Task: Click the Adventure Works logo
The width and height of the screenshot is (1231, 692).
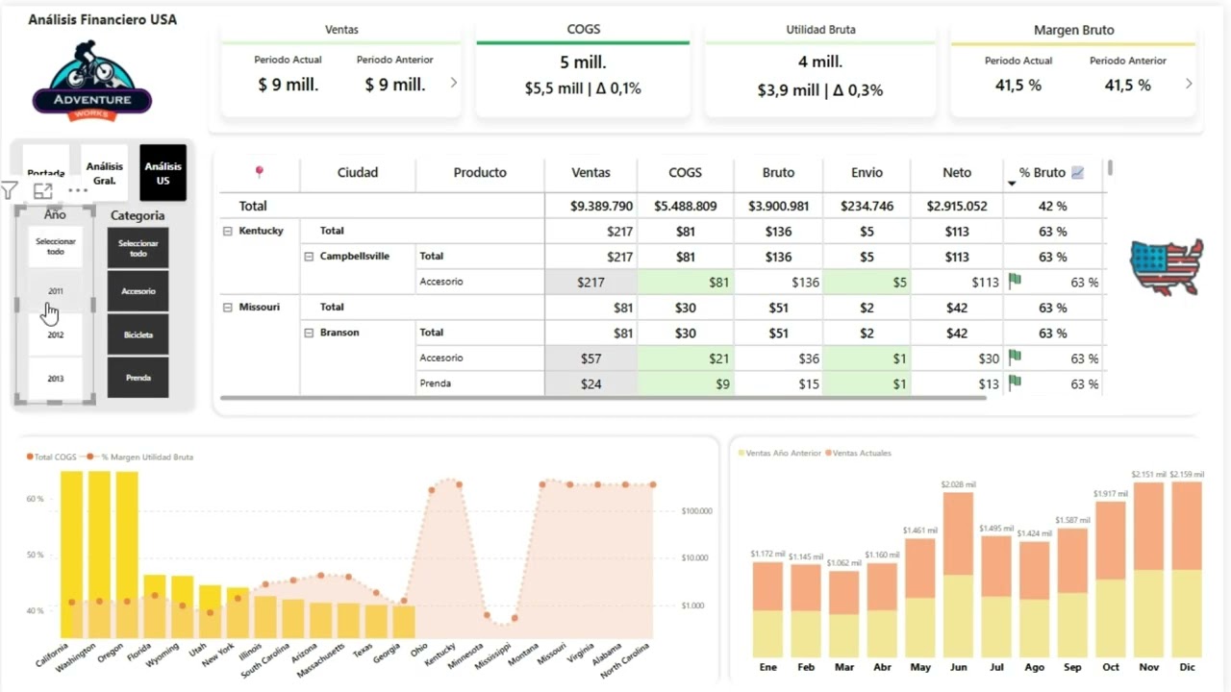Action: click(92, 82)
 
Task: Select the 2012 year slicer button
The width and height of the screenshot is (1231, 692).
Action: click(56, 335)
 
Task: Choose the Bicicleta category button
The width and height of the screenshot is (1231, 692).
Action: click(138, 334)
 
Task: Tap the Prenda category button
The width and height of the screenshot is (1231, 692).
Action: click(138, 378)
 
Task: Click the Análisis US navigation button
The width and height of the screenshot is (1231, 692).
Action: click(163, 173)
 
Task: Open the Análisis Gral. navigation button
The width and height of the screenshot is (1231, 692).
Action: click(104, 173)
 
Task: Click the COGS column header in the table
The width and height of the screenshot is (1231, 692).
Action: click(685, 173)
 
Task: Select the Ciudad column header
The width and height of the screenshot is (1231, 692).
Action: click(357, 173)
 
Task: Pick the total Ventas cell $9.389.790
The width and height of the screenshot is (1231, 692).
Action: click(601, 206)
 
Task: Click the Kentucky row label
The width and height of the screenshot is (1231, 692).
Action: click(261, 231)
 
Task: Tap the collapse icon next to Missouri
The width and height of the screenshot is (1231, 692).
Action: click(228, 308)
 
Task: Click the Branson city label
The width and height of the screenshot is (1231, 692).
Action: click(339, 333)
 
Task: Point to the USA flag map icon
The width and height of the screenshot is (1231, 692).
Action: click(1166, 266)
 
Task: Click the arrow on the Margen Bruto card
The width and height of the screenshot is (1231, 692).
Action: click(1189, 84)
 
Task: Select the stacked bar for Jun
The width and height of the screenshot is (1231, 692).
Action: click(958, 574)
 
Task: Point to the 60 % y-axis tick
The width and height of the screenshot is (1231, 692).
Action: click(35, 499)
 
